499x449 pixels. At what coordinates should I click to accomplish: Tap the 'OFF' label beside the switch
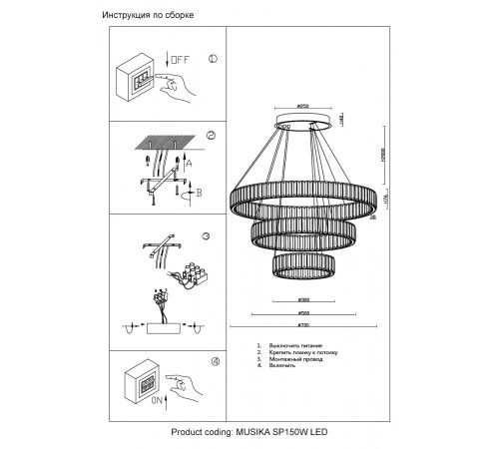181,61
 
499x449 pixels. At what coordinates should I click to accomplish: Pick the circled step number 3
206,236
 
